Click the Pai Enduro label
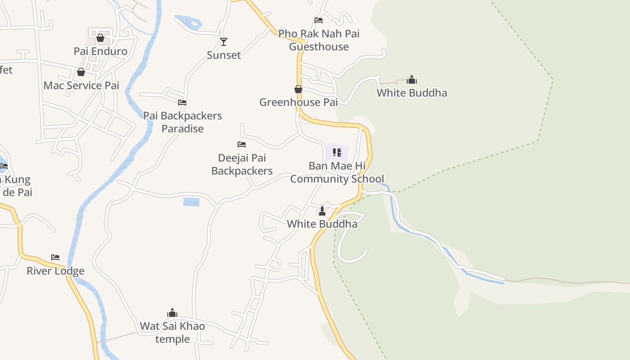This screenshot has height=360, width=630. coord(100,51)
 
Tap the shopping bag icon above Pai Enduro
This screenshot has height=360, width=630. coord(100,38)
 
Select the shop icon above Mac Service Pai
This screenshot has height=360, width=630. coord(81,72)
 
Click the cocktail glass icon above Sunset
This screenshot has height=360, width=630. coord(224,42)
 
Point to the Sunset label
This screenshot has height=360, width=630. coord(224,55)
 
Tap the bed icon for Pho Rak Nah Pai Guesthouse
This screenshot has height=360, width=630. coord(319,20)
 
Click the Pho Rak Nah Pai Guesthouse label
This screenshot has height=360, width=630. coord(319,40)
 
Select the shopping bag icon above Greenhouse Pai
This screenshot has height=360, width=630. coord(298,89)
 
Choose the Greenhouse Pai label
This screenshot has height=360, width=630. coord(298,103)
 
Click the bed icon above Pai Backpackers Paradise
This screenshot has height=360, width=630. coord(182,103)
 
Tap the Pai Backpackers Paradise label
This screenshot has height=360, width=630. coord(182,122)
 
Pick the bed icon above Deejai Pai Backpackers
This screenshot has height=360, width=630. coord(242,144)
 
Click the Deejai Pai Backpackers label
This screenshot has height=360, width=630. coord(242,164)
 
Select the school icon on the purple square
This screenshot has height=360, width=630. coord(337,153)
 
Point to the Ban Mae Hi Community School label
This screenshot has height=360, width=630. coord(337,172)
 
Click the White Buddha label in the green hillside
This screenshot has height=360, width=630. coord(412,93)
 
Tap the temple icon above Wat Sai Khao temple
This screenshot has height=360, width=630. coord(172,313)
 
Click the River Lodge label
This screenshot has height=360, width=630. coord(55,271)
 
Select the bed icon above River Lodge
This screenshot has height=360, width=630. coord(55,257)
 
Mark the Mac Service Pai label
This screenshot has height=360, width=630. coord(81,85)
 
